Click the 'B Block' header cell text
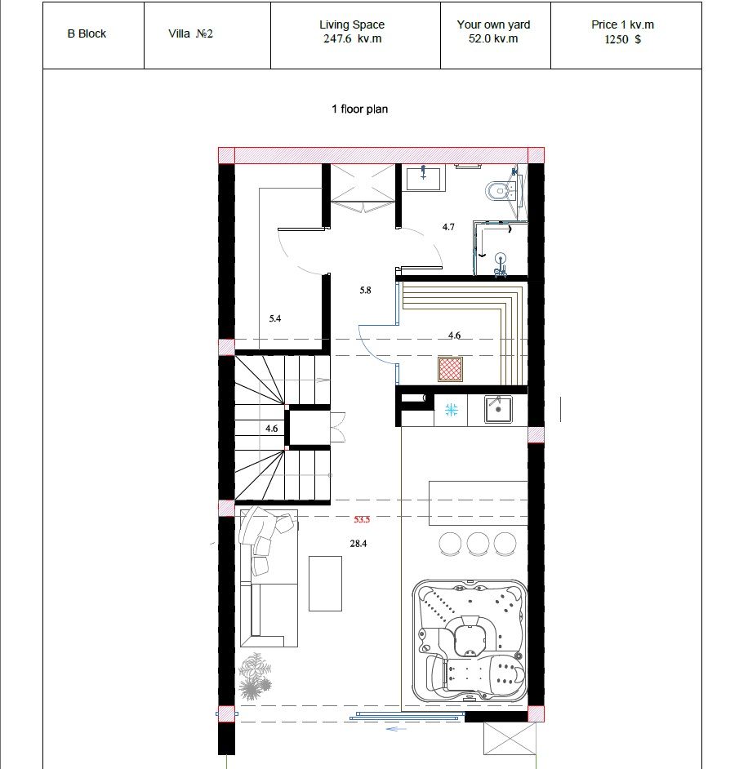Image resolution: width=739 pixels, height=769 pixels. tap(87, 33)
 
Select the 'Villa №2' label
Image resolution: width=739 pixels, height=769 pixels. tap(190, 33)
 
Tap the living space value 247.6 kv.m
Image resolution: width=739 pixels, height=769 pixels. tap(352, 38)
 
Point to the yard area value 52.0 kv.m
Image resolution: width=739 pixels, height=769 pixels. tap(493, 38)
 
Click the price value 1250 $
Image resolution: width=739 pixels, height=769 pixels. tap(622, 39)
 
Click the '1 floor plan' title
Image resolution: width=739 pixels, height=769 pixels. tap(359, 109)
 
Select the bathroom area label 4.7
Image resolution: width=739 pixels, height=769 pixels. tap(448, 227)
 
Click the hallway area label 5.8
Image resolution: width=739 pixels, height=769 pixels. tap(365, 291)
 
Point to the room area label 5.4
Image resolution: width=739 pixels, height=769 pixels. tap(275, 318)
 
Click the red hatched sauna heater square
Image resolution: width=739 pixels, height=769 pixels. tap(450, 369)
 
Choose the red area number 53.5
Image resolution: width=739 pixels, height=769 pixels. tap(362, 519)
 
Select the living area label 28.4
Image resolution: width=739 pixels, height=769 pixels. tap(358, 544)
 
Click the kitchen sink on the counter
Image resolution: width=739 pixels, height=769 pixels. tap(498, 409)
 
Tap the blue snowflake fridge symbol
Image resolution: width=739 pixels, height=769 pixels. tap(451, 410)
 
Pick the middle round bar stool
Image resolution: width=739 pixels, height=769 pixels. tap(478, 544)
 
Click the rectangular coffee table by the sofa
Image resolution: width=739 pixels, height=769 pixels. tap(325, 584)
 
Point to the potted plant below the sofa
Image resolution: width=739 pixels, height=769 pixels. tap(255, 676)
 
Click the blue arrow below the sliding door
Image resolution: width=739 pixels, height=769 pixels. tap(397, 729)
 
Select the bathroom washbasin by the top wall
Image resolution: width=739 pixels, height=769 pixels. tap(424, 177)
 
